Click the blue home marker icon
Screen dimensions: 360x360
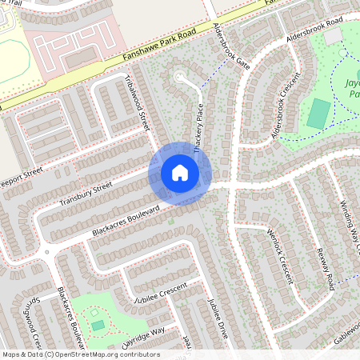(x=180, y=173)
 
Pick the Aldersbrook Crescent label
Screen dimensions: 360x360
(x=288, y=111)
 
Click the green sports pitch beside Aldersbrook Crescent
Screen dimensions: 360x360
(x=318, y=113)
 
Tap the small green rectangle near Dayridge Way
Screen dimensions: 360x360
(x=98, y=326)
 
